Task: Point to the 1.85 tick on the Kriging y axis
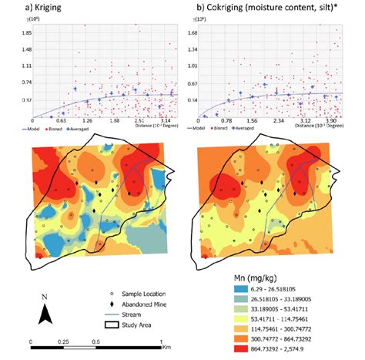click(x=26, y=33)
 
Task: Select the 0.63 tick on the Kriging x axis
click(x=60, y=121)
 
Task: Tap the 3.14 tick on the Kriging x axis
click(x=166, y=121)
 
